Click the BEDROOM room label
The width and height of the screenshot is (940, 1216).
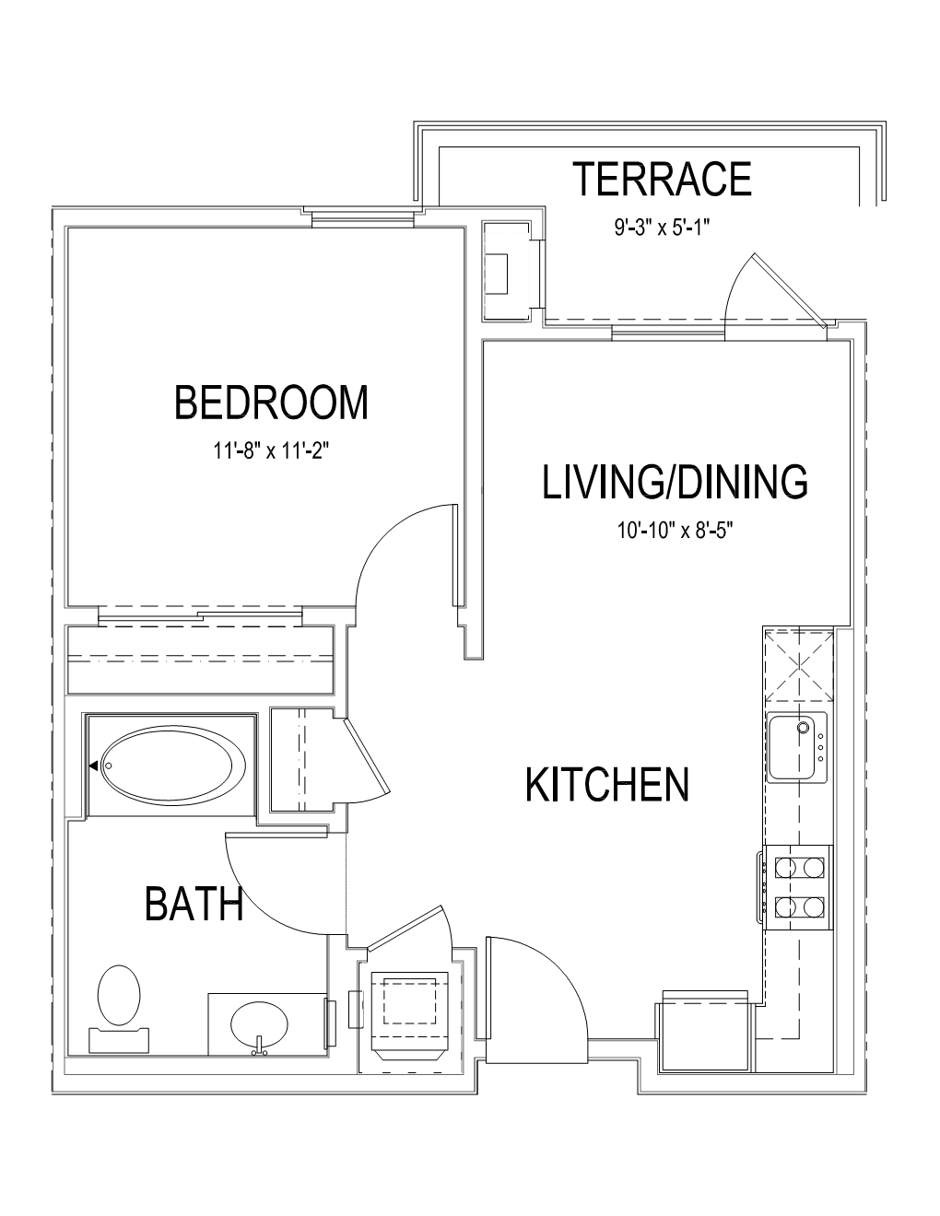[x=272, y=402]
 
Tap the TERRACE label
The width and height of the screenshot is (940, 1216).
[x=663, y=179]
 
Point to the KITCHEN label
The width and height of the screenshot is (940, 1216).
[x=607, y=785]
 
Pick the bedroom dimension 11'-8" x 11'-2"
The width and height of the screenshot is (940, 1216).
[x=270, y=450]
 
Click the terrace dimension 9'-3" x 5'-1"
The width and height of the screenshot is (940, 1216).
[x=663, y=228]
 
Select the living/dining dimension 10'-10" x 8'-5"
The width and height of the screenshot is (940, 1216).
[x=676, y=530]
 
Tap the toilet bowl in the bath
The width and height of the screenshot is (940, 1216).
[x=119, y=995]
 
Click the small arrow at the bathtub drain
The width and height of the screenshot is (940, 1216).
[x=94, y=765]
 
